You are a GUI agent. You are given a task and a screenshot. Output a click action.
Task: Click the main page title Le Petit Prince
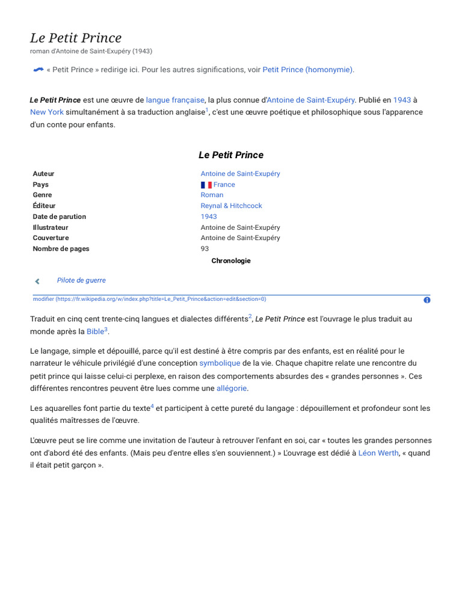coord(76,38)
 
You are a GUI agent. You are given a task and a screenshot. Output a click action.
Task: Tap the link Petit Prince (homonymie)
coord(308,70)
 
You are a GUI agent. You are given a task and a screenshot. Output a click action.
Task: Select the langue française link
coord(175,100)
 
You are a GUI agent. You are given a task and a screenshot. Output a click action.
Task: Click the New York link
coord(47,112)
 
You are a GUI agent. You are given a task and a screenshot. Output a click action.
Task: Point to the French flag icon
coord(206,185)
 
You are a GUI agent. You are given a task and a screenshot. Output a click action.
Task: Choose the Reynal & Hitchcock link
coord(231,206)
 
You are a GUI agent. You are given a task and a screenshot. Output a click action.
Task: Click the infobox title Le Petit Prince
coord(231,155)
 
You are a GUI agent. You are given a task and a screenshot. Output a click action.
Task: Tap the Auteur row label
coord(43,174)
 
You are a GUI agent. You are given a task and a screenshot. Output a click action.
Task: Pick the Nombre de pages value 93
coord(205,248)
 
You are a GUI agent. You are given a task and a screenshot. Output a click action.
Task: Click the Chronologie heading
coord(231,261)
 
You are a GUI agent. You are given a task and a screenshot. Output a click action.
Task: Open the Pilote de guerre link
coord(81,280)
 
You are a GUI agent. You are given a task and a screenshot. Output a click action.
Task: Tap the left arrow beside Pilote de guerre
coord(37,281)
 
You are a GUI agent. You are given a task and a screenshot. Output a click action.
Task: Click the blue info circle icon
coord(427,300)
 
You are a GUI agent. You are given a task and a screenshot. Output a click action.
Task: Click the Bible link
coord(95,331)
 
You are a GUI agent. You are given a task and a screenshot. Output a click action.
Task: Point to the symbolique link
coord(220,363)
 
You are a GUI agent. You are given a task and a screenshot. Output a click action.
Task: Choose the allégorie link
coord(232,388)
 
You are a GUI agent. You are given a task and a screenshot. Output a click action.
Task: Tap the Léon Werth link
coord(378,453)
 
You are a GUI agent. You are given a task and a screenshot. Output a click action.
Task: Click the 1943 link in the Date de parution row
coord(209,217)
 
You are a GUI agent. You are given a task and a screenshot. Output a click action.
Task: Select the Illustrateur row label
coord(51,227)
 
